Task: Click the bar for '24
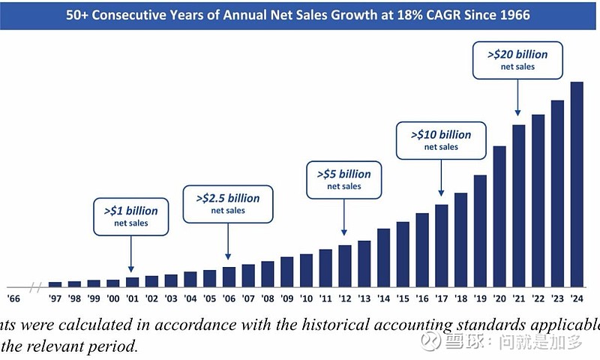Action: click(577, 184)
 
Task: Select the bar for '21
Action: click(519, 205)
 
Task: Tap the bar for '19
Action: click(480, 230)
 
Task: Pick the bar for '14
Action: click(383, 257)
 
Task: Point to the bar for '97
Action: click(55, 283)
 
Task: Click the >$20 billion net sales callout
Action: click(517, 59)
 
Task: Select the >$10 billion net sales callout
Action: click(441, 139)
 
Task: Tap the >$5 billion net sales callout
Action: click(344, 179)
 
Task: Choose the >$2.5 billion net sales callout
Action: click(228, 204)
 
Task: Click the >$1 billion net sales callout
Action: click(131, 216)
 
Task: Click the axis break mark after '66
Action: click(35, 286)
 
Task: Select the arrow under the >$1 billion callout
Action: click(131, 255)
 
